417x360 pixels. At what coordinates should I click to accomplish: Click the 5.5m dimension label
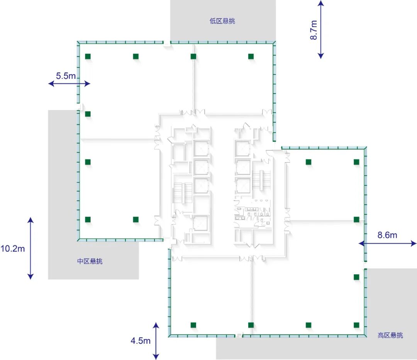66,76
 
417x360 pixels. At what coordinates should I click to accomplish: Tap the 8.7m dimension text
314,30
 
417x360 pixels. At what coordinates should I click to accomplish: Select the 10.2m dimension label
12,248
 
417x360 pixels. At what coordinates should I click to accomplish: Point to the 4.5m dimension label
141,341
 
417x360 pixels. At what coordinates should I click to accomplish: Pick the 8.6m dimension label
387,235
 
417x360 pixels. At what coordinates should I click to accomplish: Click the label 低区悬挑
222,21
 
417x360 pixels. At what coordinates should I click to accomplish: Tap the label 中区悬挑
90,261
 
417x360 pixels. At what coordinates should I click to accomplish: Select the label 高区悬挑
390,335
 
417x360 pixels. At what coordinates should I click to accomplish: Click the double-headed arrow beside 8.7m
321,29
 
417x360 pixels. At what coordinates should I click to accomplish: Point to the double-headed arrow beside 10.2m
31,248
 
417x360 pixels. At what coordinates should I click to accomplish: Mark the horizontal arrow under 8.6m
388,243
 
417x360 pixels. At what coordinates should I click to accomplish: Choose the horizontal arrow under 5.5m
69,83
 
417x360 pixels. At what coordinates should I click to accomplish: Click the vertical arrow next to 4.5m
156,341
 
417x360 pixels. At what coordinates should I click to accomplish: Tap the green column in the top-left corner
88,56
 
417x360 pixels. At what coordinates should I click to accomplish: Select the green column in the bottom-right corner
356,325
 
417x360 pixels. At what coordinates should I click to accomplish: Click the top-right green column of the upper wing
251,56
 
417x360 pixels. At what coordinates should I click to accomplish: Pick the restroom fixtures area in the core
253,213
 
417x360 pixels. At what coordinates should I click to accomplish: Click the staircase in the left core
182,192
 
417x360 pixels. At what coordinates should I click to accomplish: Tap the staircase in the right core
261,180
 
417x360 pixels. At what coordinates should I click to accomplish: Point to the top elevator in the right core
242,148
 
